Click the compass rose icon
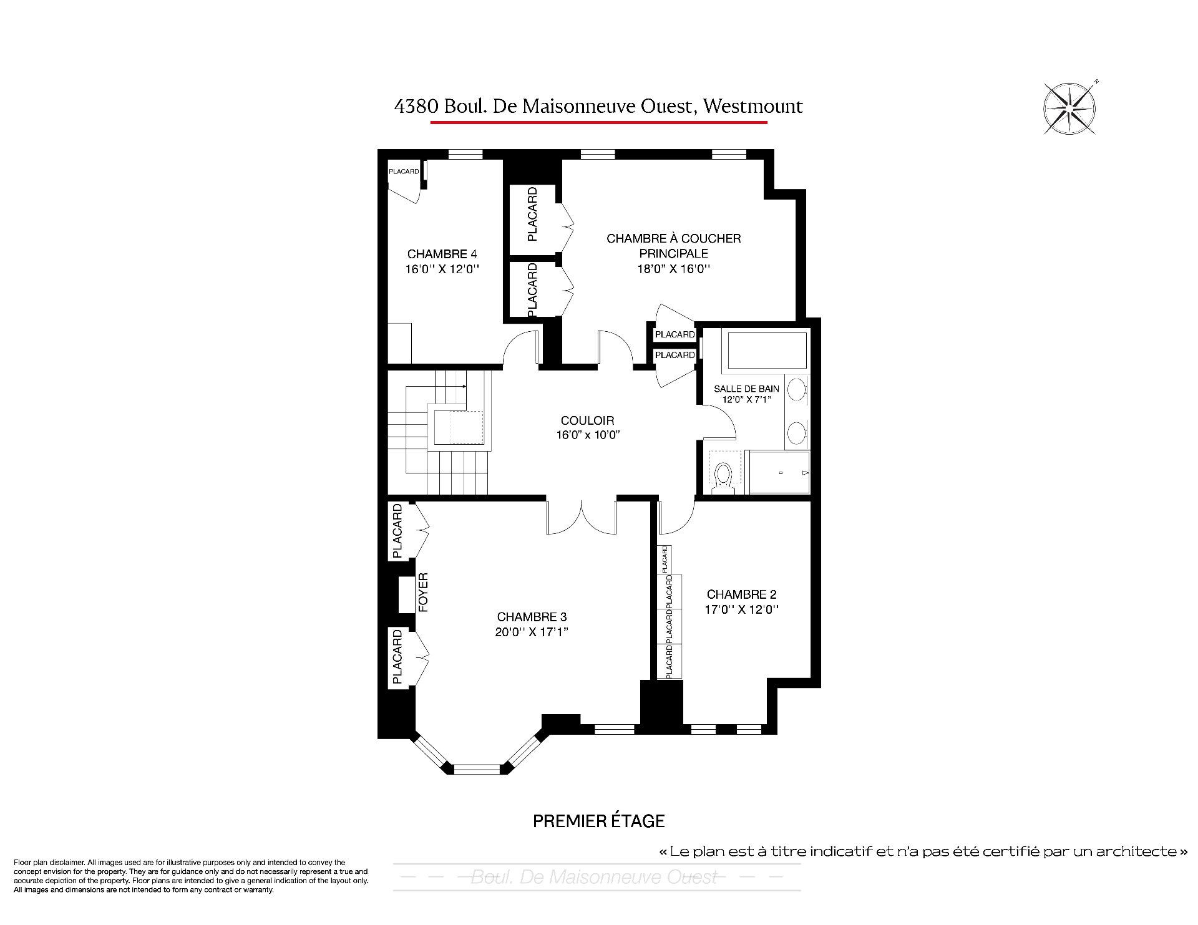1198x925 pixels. coord(1070,108)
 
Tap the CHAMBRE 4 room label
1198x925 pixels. coord(442,254)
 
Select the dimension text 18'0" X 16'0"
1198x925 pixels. coord(673,269)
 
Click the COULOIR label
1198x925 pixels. coord(587,420)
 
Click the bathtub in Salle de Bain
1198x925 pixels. coord(767,350)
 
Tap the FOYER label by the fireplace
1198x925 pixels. coord(423,592)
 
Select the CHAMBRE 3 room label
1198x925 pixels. coord(532,617)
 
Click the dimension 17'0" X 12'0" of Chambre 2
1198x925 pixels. coord(742,609)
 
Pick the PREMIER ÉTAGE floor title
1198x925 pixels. coord(598,821)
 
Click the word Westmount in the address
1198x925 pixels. coord(753,107)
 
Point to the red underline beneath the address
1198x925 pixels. coord(598,122)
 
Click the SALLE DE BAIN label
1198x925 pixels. coord(746,389)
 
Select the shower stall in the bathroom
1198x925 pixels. coord(779,472)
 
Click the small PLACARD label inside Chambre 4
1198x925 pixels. coord(404,172)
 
